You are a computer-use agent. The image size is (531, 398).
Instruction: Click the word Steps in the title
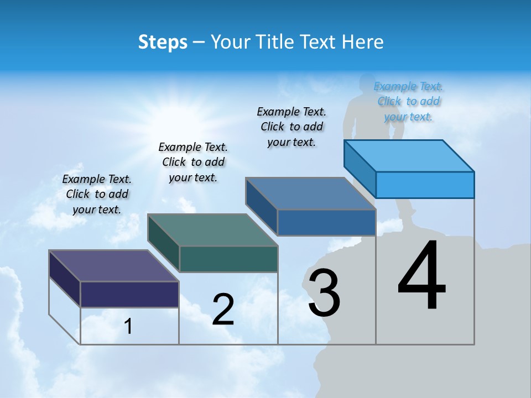click(163, 42)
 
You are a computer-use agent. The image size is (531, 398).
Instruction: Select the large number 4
click(422, 276)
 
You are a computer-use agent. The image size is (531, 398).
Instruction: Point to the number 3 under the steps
click(324, 293)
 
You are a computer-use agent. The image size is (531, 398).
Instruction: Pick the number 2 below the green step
click(223, 309)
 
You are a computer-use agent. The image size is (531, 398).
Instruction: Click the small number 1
click(128, 327)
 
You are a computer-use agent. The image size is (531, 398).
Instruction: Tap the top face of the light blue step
click(409, 155)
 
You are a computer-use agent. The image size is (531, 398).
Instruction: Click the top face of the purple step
click(114, 265)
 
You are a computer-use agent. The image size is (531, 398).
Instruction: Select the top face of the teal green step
click(212, 229)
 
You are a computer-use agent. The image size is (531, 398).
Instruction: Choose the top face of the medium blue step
click(311, 193)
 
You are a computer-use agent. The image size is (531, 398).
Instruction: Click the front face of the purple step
click(129, 294)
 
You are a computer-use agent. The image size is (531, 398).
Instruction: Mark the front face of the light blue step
click(425, 185)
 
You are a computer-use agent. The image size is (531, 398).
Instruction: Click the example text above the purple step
click(97, 194)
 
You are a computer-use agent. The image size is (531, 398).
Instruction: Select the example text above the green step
click(193, 162)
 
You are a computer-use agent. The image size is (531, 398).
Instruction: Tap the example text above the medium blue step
click(291, 127)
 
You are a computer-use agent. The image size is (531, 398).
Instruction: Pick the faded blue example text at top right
click(409, 101)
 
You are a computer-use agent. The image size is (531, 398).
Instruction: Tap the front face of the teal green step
click(228, 259)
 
